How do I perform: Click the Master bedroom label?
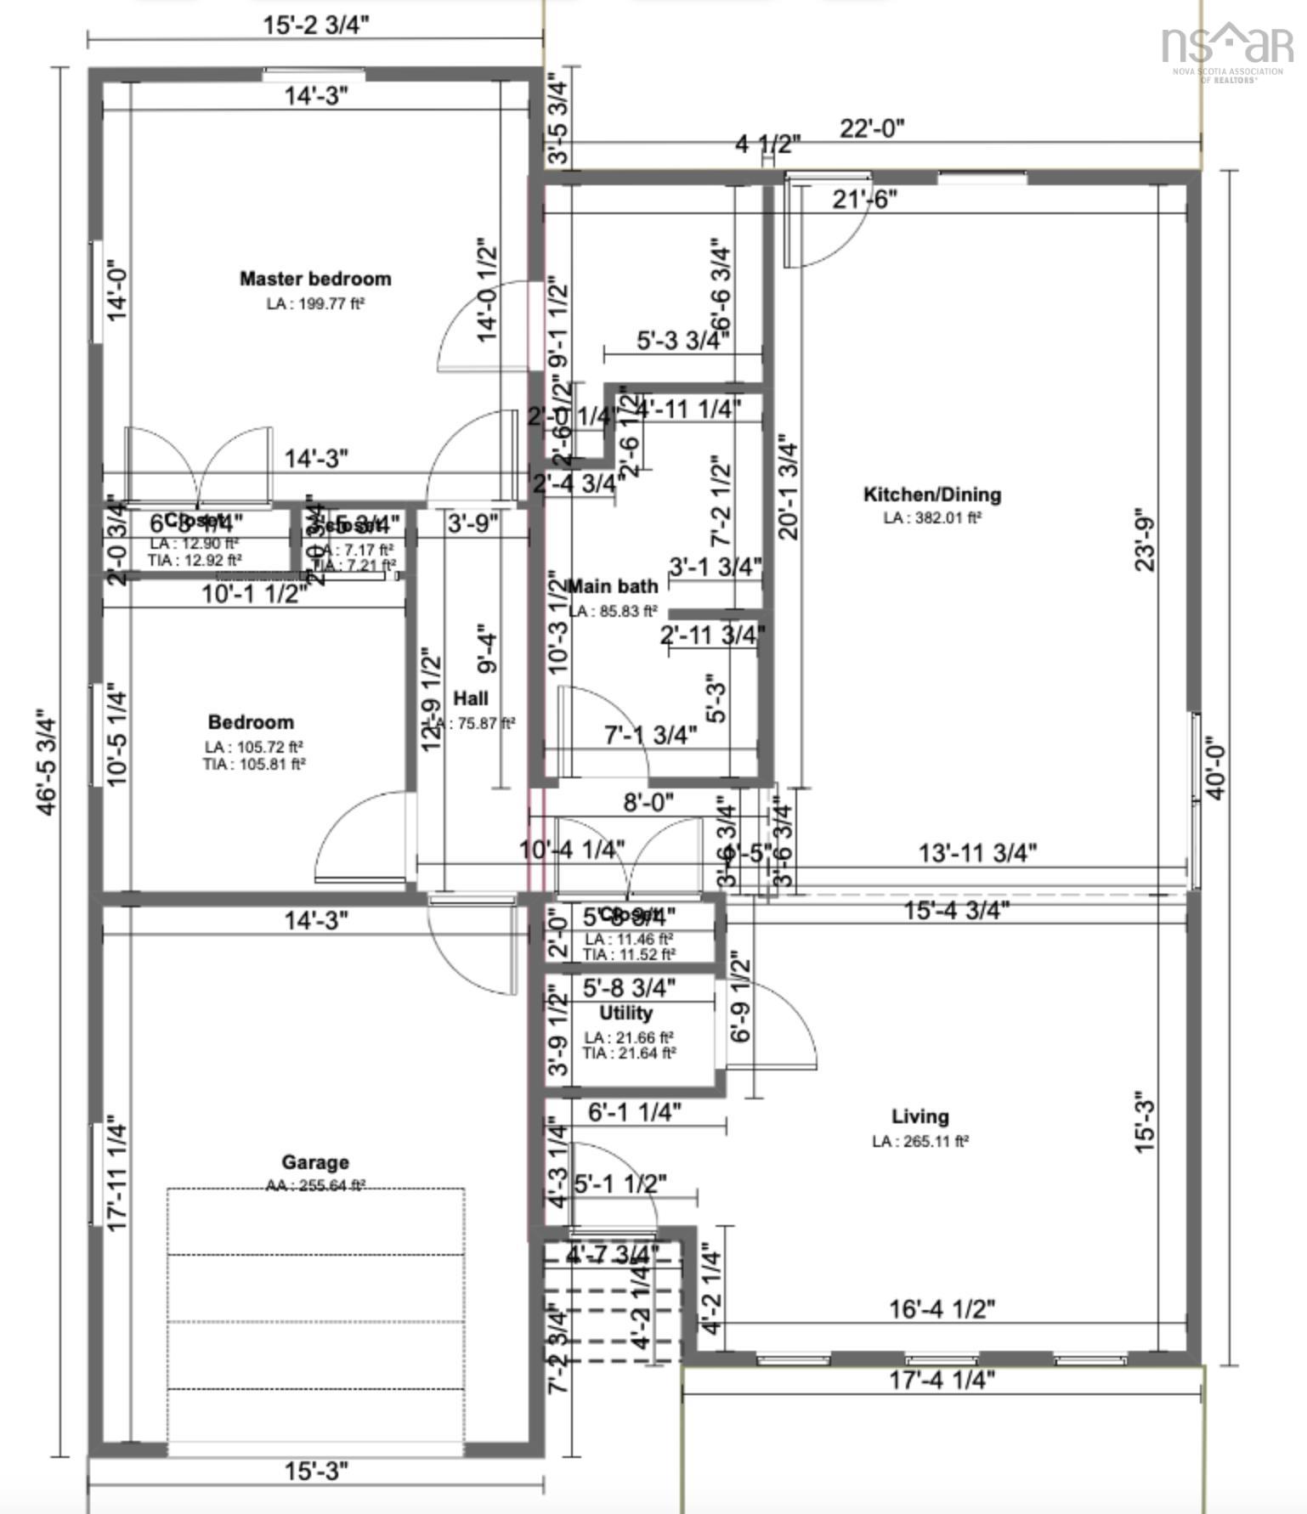315,279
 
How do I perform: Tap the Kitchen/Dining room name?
932,494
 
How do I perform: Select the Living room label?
920,1116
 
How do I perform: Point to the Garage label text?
315,1162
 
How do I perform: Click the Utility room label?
626,1013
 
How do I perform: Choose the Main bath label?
614,586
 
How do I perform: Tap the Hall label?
471,698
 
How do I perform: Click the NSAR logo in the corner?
1226,47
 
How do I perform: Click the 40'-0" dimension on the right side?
1216,767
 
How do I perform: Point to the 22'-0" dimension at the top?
873,128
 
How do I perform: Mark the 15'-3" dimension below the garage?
315,1472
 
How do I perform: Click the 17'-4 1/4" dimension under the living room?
942,1380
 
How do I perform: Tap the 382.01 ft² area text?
932,517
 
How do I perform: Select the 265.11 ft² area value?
920,1141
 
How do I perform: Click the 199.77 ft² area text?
315,303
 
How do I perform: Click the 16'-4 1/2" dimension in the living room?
942,1309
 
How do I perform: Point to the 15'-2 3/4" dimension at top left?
315,25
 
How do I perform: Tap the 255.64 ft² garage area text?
315,1185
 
